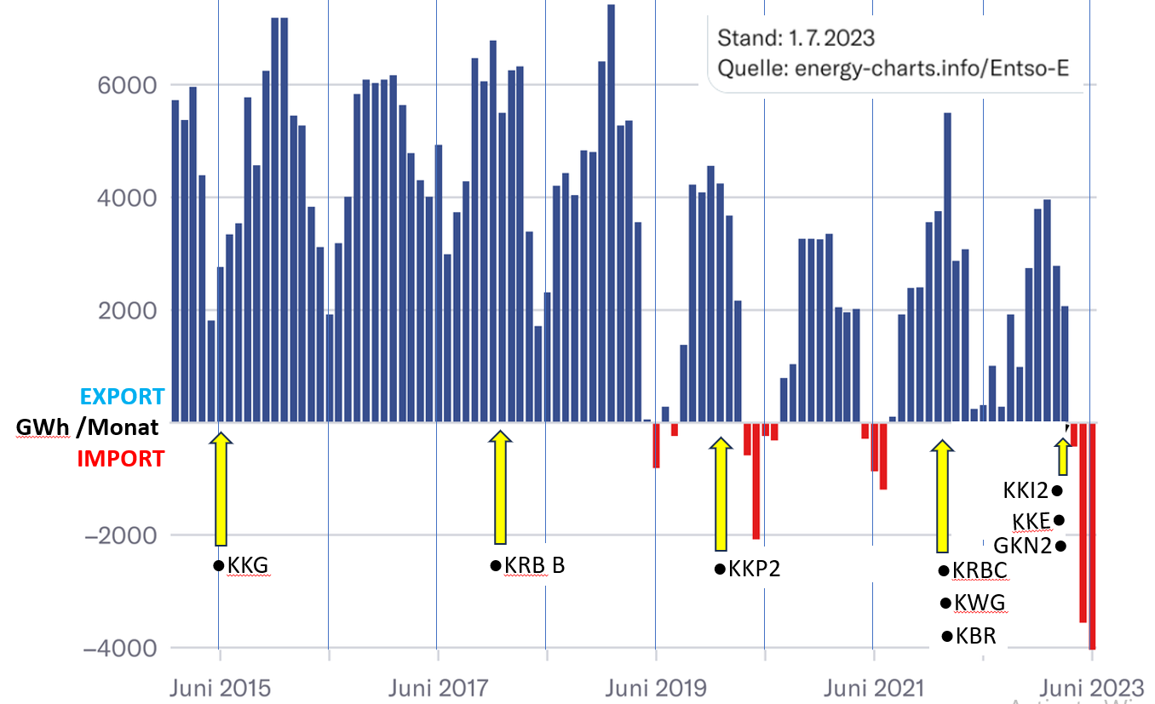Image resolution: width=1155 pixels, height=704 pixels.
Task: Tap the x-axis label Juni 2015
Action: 218,686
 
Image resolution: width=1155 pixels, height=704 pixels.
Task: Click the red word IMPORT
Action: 121,459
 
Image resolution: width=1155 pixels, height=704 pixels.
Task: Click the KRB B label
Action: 534,565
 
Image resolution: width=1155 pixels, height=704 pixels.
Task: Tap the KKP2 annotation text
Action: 755,569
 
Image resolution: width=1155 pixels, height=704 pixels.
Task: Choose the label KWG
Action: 980,603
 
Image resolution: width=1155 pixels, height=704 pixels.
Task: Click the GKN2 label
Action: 1023,546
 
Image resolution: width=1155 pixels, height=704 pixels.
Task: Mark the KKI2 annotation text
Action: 1026,490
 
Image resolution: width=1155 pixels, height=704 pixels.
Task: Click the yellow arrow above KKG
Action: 221,489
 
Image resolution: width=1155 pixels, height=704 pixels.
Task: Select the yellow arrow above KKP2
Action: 721,494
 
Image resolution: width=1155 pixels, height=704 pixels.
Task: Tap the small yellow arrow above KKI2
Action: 1062,457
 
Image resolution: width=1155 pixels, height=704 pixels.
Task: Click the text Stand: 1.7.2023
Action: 796,38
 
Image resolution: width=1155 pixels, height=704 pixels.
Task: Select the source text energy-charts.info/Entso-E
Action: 931,68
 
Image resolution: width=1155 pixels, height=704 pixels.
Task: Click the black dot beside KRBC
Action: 943,569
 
